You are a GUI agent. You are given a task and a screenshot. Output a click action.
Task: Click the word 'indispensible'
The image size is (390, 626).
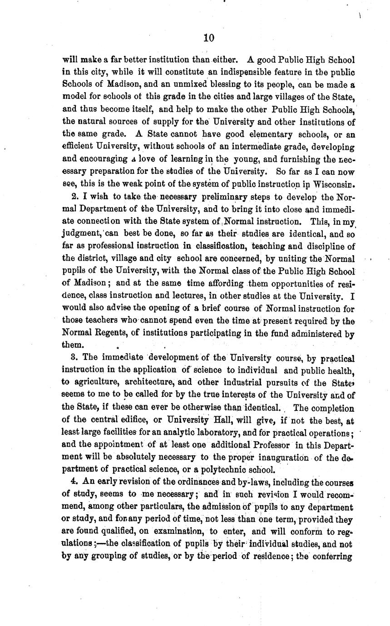(x=247, y=72)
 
